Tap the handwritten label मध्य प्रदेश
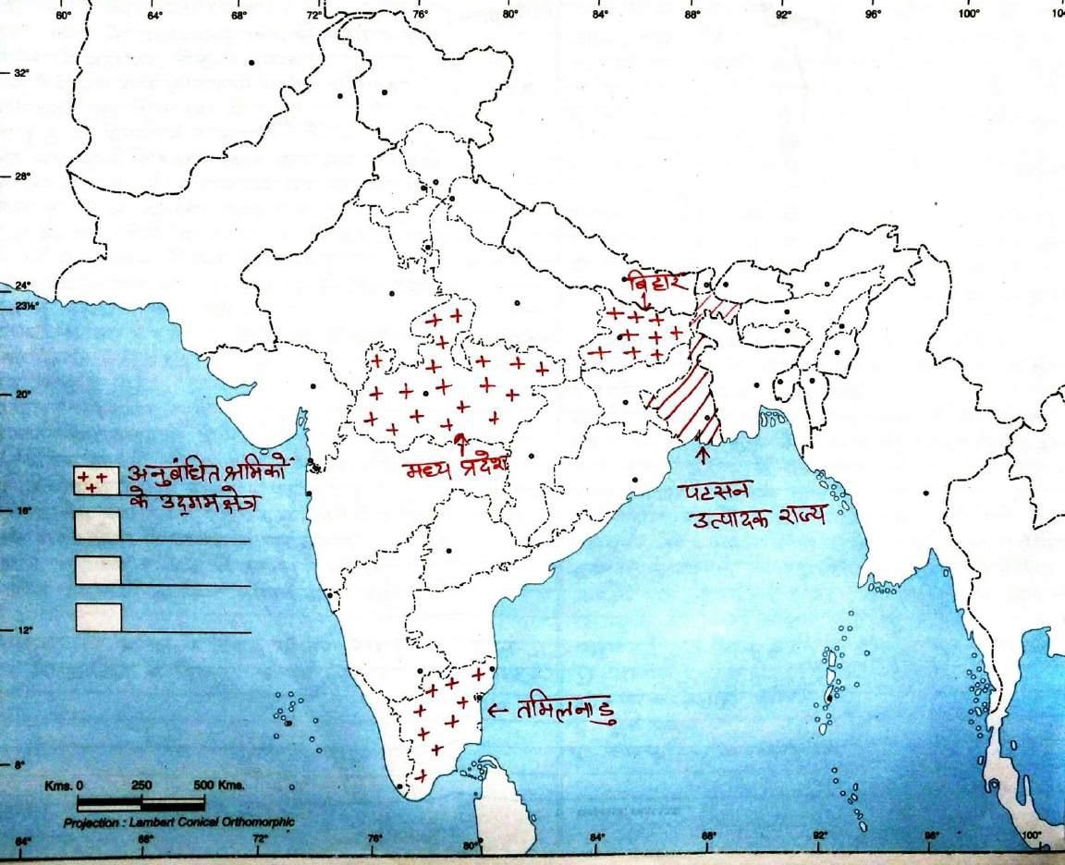coord(457,468)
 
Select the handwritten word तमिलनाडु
coord(564,712)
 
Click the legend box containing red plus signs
coord(95,481)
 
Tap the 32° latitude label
coord(19,72)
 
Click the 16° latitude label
coord(19,510)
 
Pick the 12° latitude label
coord(19,630)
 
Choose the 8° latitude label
coord(19,764)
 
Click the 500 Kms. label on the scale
coord(217,785)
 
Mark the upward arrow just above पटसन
coord(703,454)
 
